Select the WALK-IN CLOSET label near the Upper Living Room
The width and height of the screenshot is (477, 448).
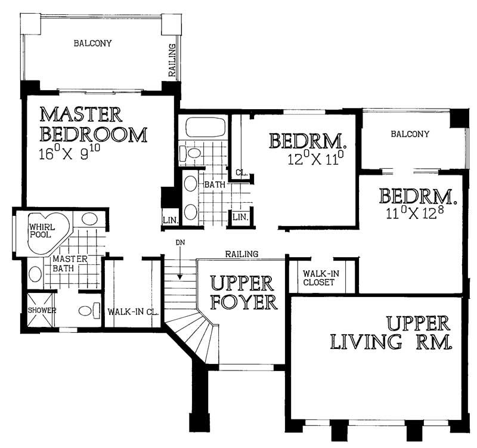coord(318,278)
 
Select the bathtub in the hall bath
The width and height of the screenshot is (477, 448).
coord(205,128)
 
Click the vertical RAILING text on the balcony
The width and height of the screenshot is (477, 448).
coord(172,60)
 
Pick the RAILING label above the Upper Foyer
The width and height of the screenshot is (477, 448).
coord(241,254)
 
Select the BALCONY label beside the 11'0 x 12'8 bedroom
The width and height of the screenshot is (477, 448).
coord(410,134)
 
